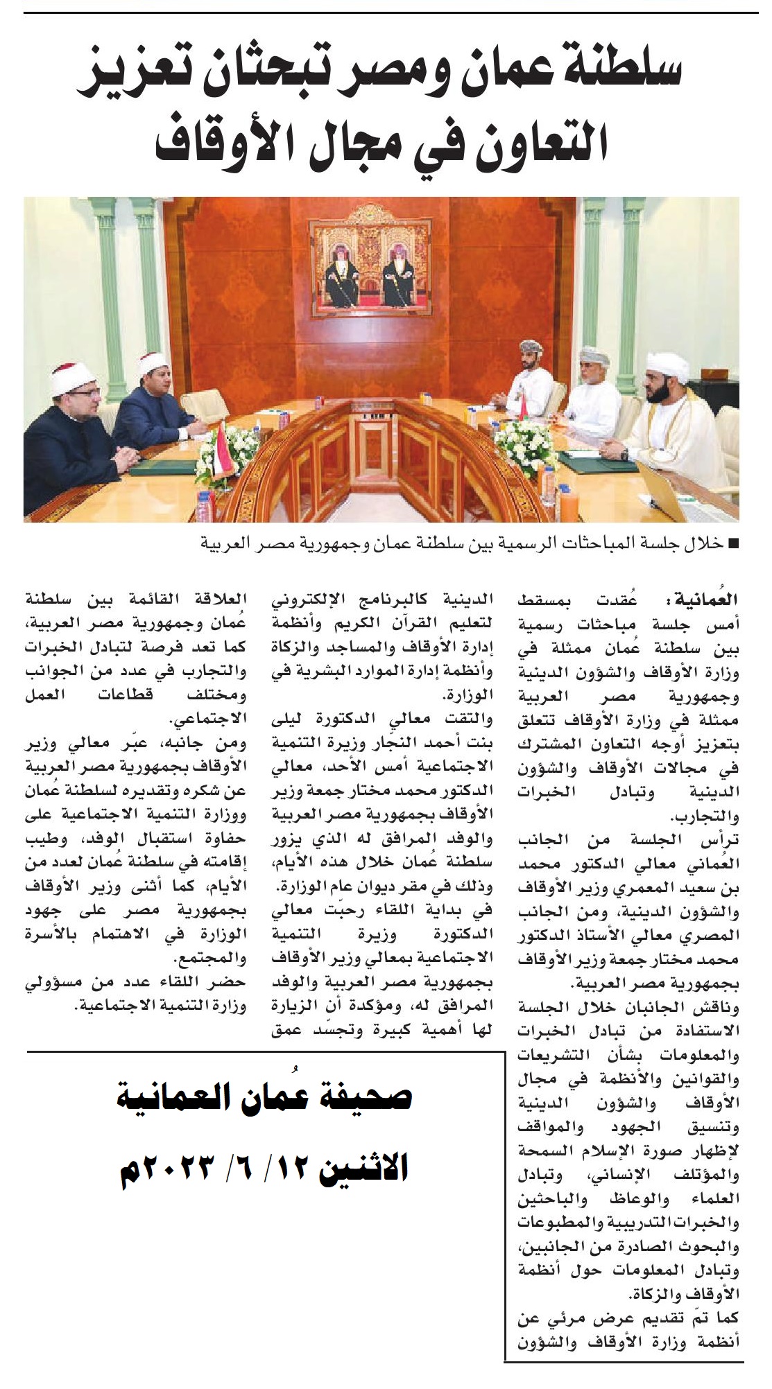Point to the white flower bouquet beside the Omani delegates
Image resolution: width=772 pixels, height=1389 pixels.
524,443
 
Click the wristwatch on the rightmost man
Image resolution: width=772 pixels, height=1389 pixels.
625,454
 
